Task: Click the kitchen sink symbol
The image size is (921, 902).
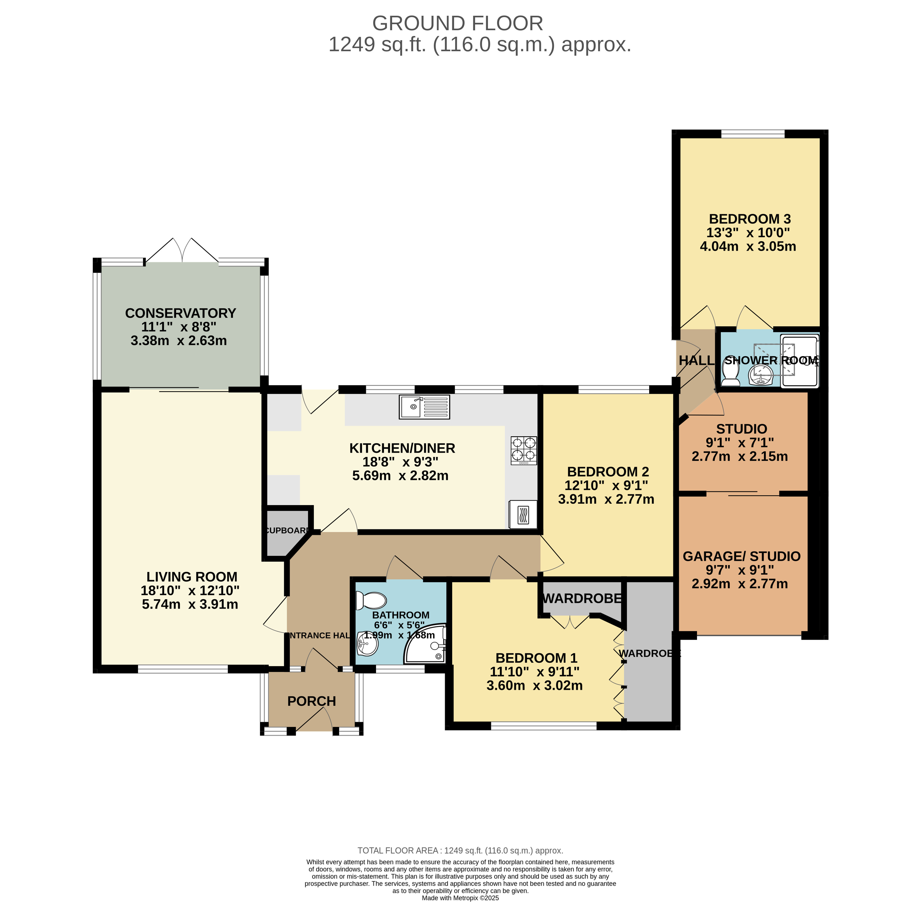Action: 424,407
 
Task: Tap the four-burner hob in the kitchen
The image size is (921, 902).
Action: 523,450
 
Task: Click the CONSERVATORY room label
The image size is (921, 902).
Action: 180,313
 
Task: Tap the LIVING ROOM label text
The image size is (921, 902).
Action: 192,577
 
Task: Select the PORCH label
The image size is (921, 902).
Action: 312,701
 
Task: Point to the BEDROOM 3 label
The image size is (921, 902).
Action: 750,219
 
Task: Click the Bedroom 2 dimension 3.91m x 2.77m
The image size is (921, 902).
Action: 606,499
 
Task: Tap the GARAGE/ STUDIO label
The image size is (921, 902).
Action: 742,556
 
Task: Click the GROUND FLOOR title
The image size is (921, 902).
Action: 458,23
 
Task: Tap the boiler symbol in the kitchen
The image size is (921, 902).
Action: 523,514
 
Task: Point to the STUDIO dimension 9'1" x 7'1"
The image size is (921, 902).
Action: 740,443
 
